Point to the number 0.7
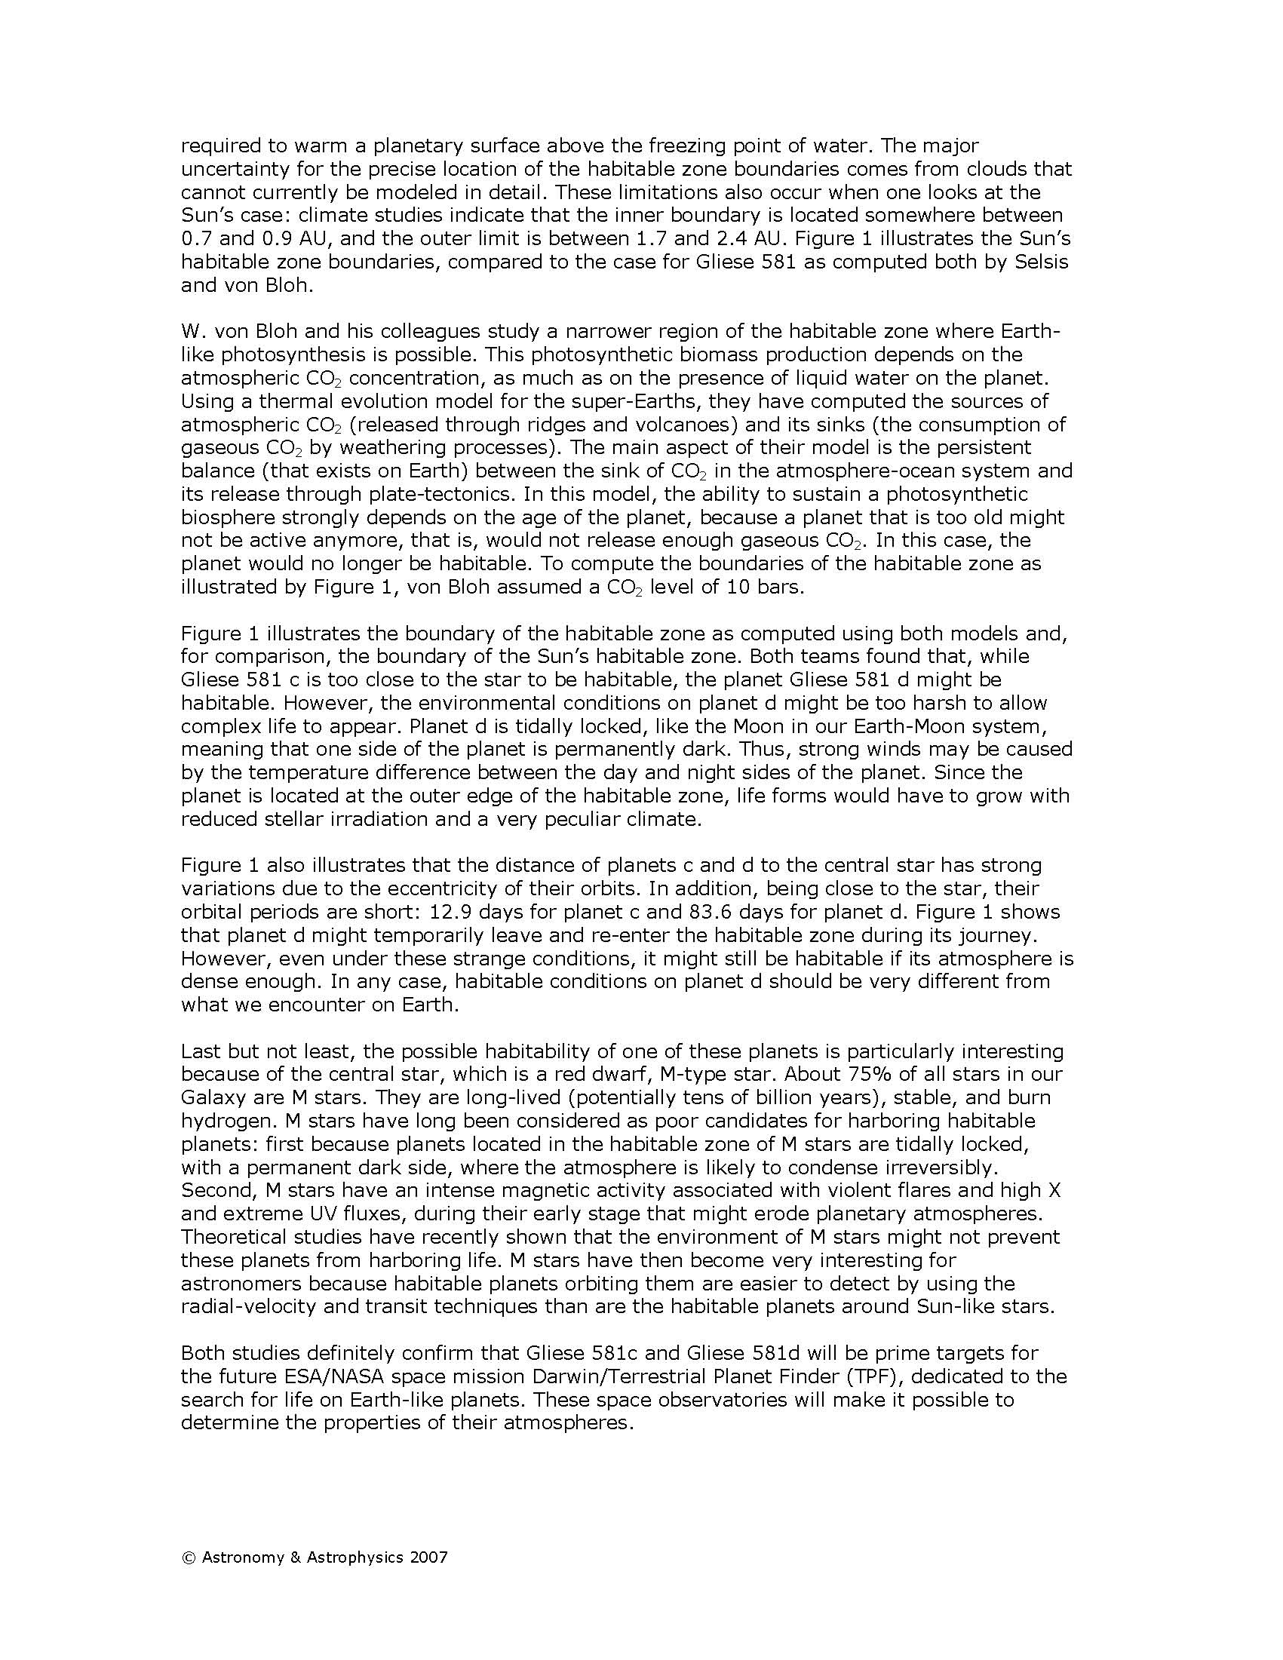point(195,238)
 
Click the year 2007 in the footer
point(428,1557)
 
